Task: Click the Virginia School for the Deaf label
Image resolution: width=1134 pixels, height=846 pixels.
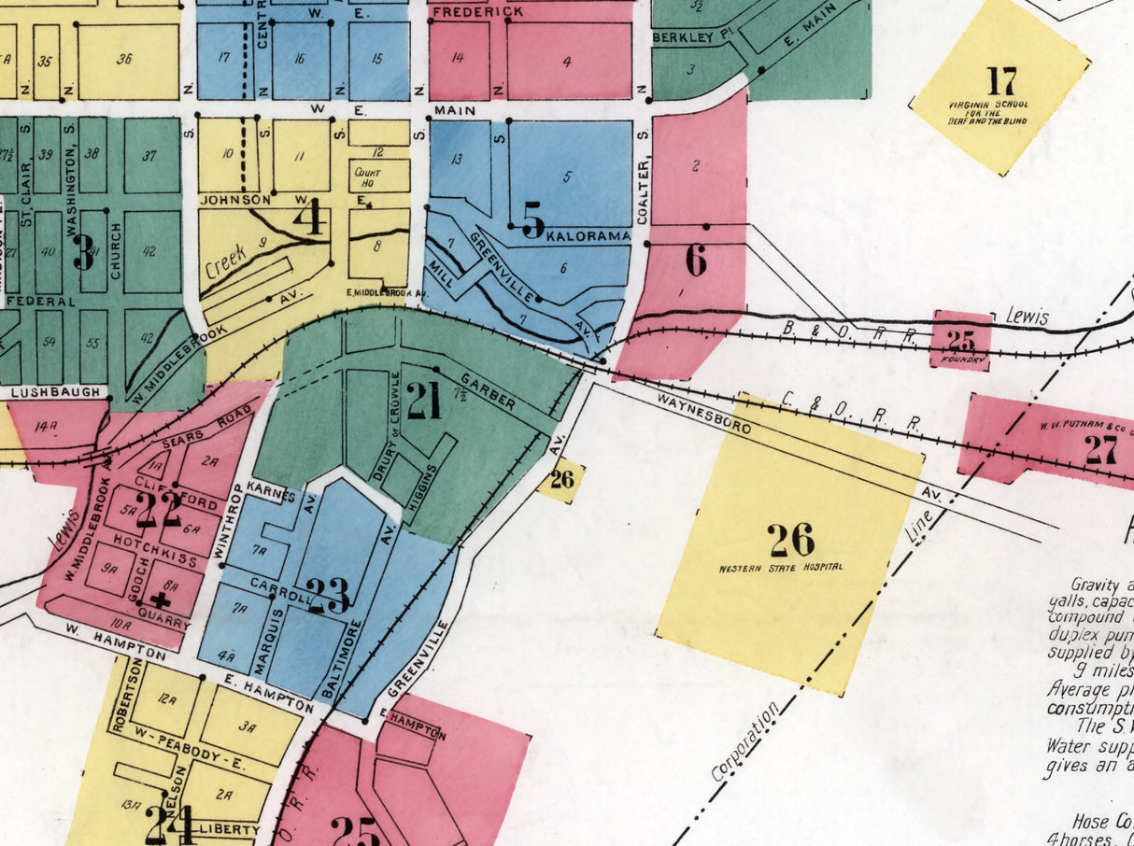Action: pyautogui.click(x=1001, y=113)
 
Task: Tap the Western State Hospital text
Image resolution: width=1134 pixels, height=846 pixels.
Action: pyautogui.click(x=781, y=567)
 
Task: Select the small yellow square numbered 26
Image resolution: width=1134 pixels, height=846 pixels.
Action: pyautogui.click(x=561, y=481)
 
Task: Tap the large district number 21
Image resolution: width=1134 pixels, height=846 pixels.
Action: pyautogui.click(x=423, y=402)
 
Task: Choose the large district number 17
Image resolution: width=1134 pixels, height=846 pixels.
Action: pyautogui.click(x=1001, y=79)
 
